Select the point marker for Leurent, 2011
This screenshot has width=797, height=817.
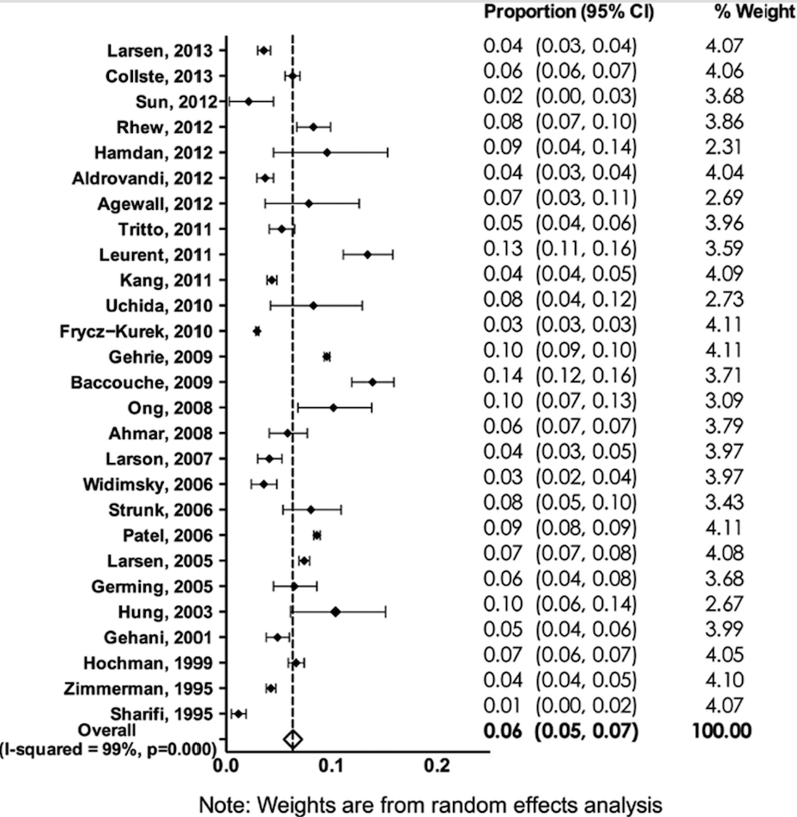tap(367, 255)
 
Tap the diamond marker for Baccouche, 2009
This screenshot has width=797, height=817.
tap(372, 381)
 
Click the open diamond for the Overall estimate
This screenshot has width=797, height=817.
tap(293, 739)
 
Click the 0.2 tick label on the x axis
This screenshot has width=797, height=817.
tap(437, 768)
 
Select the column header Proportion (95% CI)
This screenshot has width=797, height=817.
tap(569, 13)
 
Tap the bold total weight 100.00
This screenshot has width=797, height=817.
tap(721, 731)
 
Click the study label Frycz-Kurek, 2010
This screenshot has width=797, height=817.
tap(142, 331)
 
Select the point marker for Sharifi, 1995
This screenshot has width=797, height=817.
tap(238, 713)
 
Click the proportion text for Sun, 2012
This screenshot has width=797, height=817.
tap(560, 95)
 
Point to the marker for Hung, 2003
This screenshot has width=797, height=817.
tap(335, 611)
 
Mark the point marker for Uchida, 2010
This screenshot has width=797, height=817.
tap(313, 305)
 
